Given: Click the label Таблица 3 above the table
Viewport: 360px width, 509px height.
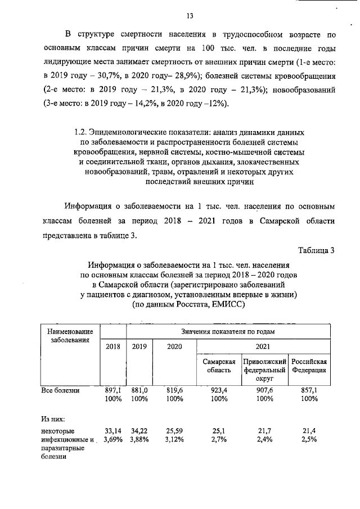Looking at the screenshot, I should coord(317,250).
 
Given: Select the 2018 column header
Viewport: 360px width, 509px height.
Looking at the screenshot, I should coord(113,346).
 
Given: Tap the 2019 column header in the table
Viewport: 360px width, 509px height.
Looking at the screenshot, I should coord(139,346).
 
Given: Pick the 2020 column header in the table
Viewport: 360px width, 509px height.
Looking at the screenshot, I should coord(174,346).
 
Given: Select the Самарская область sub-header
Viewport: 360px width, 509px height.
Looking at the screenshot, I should coord(219,366).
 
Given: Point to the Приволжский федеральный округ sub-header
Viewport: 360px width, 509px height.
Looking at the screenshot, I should coord(264,371).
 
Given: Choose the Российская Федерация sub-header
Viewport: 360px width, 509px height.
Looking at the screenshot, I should coord(309,366).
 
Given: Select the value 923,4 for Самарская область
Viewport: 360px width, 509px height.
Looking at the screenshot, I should coord(219,390).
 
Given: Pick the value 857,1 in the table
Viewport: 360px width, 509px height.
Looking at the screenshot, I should coord(309,390).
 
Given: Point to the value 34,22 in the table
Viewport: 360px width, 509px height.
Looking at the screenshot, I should coord(139,430).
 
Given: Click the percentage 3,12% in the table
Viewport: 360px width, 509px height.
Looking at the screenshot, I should coord(174,439).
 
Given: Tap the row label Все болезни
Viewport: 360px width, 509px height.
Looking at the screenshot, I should coord(60,390).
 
